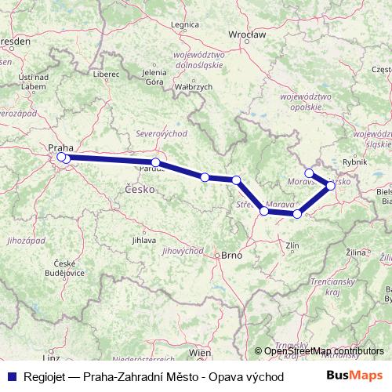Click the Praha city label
60,147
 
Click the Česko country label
137,188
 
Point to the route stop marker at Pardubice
156,162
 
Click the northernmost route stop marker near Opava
310,172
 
